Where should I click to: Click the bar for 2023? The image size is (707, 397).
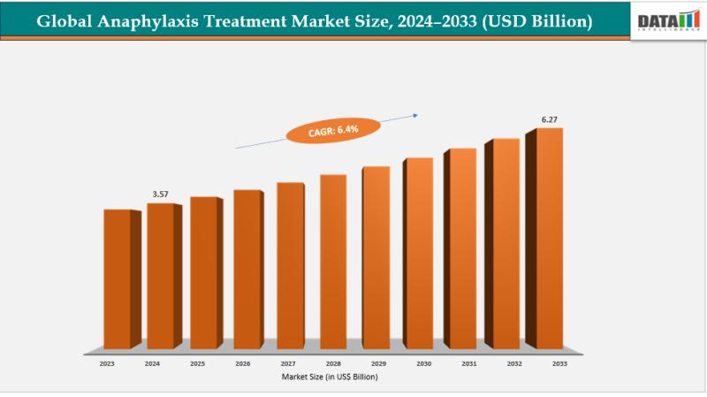tap(118, 279)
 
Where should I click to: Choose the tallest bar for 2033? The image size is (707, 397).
tap(549, 238)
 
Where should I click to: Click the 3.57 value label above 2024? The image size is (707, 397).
tap(161, 193)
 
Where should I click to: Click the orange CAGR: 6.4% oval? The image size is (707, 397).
tap(333, 131)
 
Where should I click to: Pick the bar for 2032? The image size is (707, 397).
tap(506, 243)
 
